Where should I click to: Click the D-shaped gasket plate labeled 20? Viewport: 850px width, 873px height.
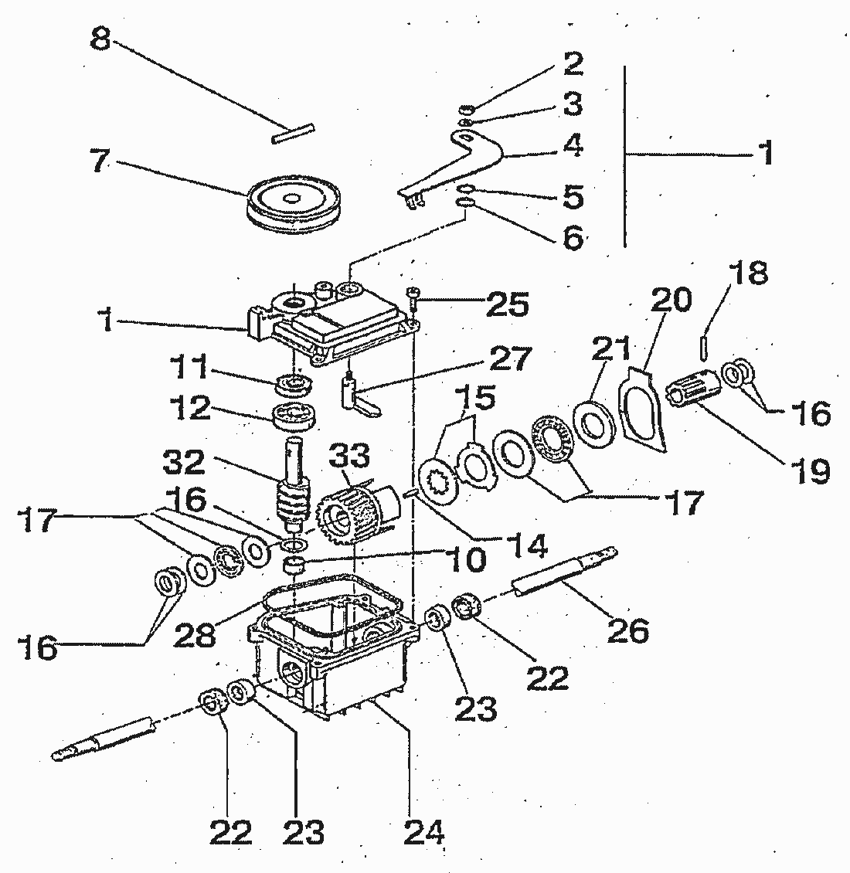641,409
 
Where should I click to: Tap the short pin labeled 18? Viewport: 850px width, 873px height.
704,345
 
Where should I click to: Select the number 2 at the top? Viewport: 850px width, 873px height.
573,63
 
